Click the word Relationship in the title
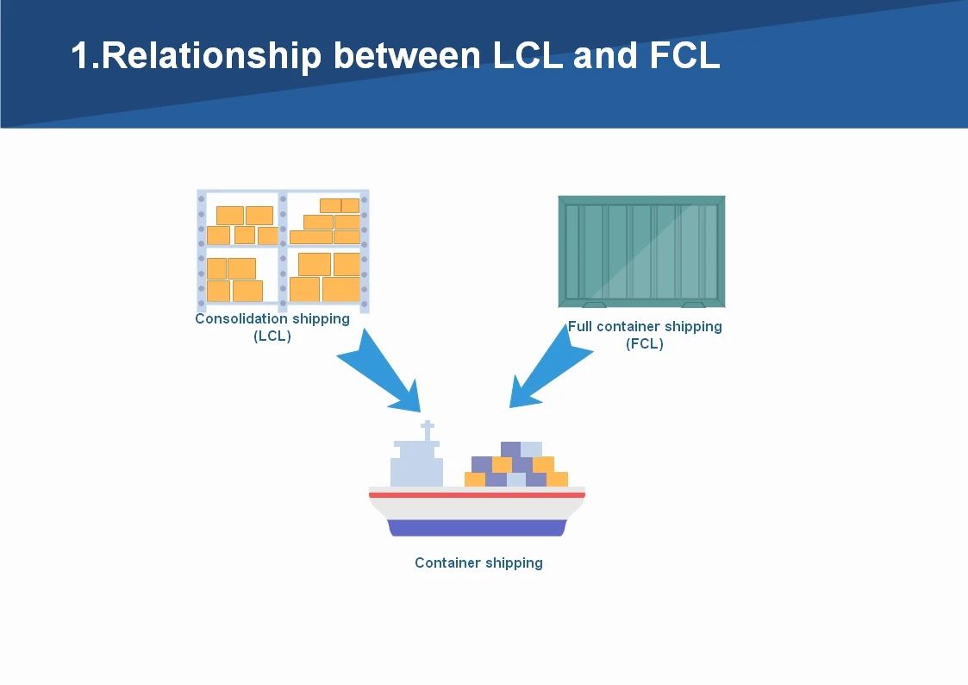(x=211, y=56)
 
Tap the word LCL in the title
(x=528, y=55)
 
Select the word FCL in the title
(x=684, y=55)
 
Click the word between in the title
(x=407, y=55)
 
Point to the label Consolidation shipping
(x=272, y=318)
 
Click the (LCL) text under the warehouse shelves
(x=272, y=336)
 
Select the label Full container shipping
(x=645, y=326)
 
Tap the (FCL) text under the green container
(x=645, y=343)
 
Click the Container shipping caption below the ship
(x=478, y=562)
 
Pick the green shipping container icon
(x=641, y=251)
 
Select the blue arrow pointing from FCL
(x=552, y=365)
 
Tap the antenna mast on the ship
(x=428, y=431)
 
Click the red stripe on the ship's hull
(x=477, y=494)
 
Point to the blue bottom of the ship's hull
(x=477, y=528)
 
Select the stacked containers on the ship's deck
(x=516, y=464)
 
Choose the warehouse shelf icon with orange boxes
(x=283, y=250)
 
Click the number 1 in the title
(x=80, y=55)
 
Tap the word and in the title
(x=605, y=55)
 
